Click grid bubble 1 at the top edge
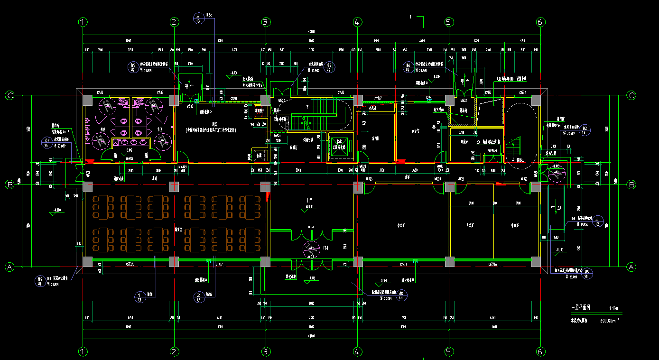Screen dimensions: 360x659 83,22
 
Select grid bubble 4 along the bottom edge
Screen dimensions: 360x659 357,351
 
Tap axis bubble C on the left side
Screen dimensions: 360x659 9,95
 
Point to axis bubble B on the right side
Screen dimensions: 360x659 631,185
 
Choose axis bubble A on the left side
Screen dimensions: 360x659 9,267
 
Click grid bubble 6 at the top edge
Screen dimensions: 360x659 540,22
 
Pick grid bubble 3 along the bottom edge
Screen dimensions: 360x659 266,351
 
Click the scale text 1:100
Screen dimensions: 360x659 613,308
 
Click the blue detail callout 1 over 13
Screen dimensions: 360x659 139,297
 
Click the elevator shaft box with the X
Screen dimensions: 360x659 340,146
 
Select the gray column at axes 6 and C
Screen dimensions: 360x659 536,100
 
